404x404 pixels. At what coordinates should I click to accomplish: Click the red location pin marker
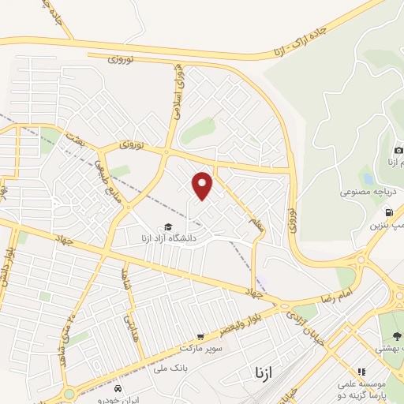point(204,185)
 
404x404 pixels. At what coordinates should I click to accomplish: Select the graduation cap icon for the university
point(168,227)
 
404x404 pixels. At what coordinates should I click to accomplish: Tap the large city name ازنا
point(262,371)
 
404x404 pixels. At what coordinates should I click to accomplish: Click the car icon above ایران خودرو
point(118,388)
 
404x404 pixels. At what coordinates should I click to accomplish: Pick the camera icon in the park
point(398,150)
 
